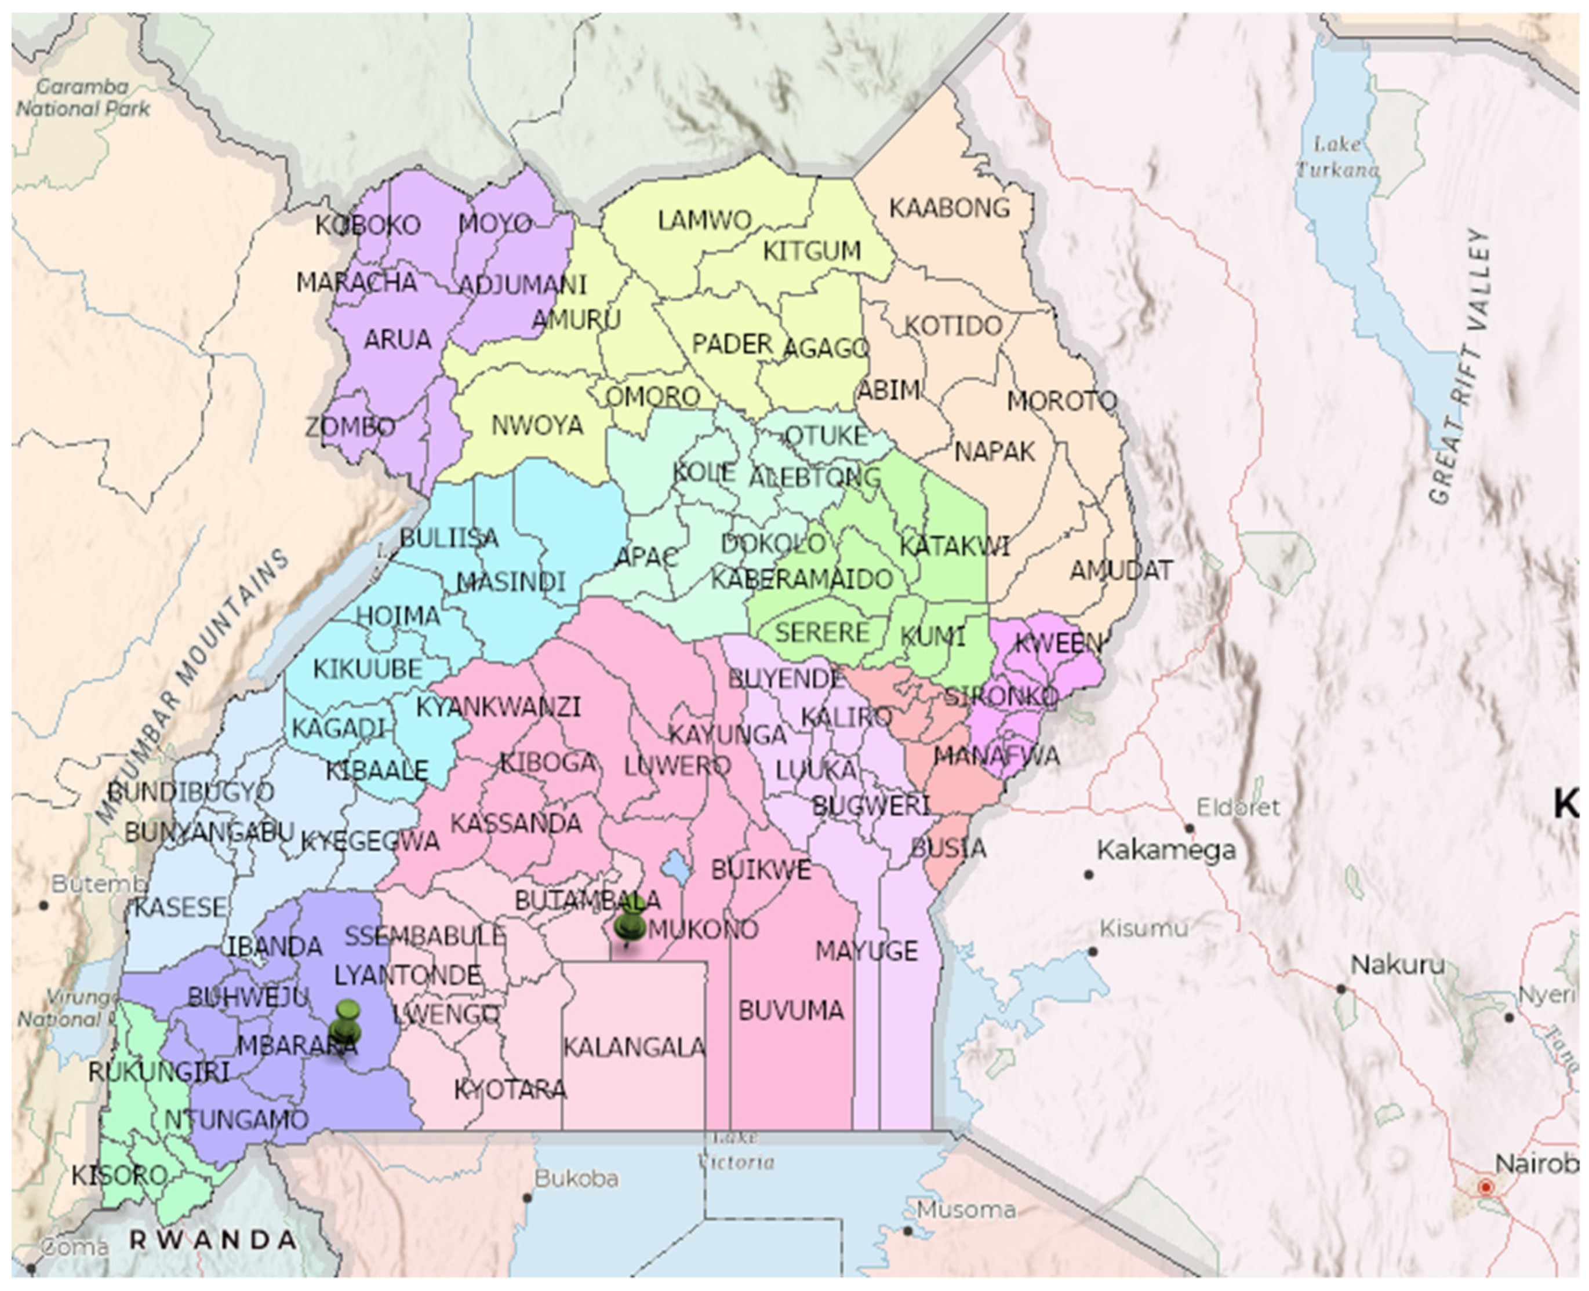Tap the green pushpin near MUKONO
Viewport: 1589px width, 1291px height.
pyautogui.click(x=631, y=924)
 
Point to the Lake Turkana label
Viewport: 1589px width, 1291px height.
pyautogui.click(x=1337, y=157)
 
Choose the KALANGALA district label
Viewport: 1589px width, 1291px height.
pyautogui.click(x=634, y=1048)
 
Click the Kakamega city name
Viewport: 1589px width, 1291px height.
pyautogui.click(x=1166, y=850)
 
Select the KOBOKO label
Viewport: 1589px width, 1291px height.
pyautogui.click(x=368, y=225)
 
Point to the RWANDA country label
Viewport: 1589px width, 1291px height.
pyautogui.click(x=213, y=1239)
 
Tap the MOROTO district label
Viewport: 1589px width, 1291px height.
pyautogui.click(x=1061, y=402)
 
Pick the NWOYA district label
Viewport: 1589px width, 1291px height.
pyautogui.click(x=537, y=426)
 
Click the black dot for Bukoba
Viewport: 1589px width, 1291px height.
pyautogui.click(x=528, y=1197)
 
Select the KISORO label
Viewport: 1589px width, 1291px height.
pyautogui.click(x=119, y=1176)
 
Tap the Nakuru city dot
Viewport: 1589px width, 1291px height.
pyautogui.click(x=1340, y=989)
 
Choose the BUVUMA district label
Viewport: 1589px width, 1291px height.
pyautogui.click(x=791, y=1010)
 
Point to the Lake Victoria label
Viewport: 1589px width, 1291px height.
pyautogui.click(x=736, y=1150)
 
